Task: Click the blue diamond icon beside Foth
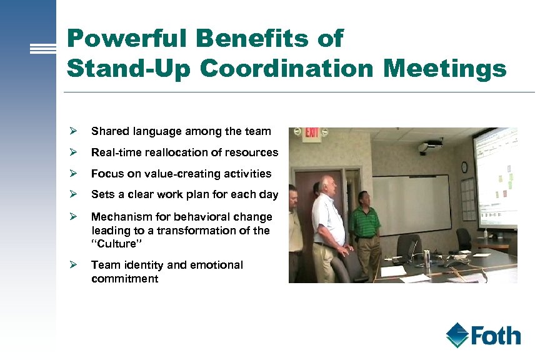(457, 335)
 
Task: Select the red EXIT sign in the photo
(311, 134)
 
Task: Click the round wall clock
(464, 167)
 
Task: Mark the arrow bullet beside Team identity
(73, 265)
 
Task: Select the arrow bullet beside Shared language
(73, 131)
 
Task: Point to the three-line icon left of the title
(44, 49)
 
